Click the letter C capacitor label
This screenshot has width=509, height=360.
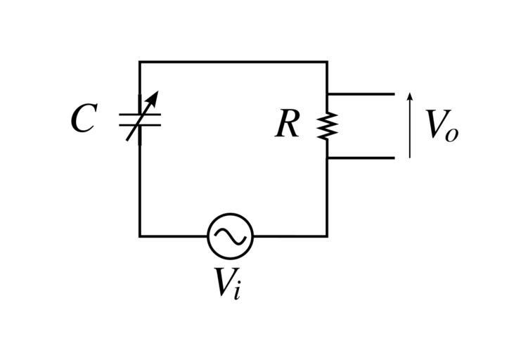click(x=83, y=120)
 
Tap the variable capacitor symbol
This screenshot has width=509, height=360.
click(x=140, y=120)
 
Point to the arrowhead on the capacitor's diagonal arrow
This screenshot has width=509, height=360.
click(x=154, y=96)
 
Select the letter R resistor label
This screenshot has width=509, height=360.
click(x=287, y=125)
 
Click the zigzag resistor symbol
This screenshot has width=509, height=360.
click(x=327, y=126)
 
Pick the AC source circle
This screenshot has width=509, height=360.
click(x=230, y=236)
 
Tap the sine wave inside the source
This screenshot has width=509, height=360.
click(x=230, y=237)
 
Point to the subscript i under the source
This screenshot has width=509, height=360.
click(x=238, y=290)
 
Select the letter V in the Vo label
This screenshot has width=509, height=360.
click(x=436, y=124)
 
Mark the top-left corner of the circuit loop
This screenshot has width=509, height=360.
click(x=140, y=63)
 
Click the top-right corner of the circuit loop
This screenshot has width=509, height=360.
click(x=327, y=63)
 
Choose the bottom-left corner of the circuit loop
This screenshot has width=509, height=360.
click(x=140, y=236)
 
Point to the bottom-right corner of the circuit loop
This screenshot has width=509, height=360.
click(x=327, y=236)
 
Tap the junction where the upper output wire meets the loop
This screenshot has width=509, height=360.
click(x=327, y=94)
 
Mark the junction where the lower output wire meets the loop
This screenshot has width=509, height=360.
click(x=327, y=157)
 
